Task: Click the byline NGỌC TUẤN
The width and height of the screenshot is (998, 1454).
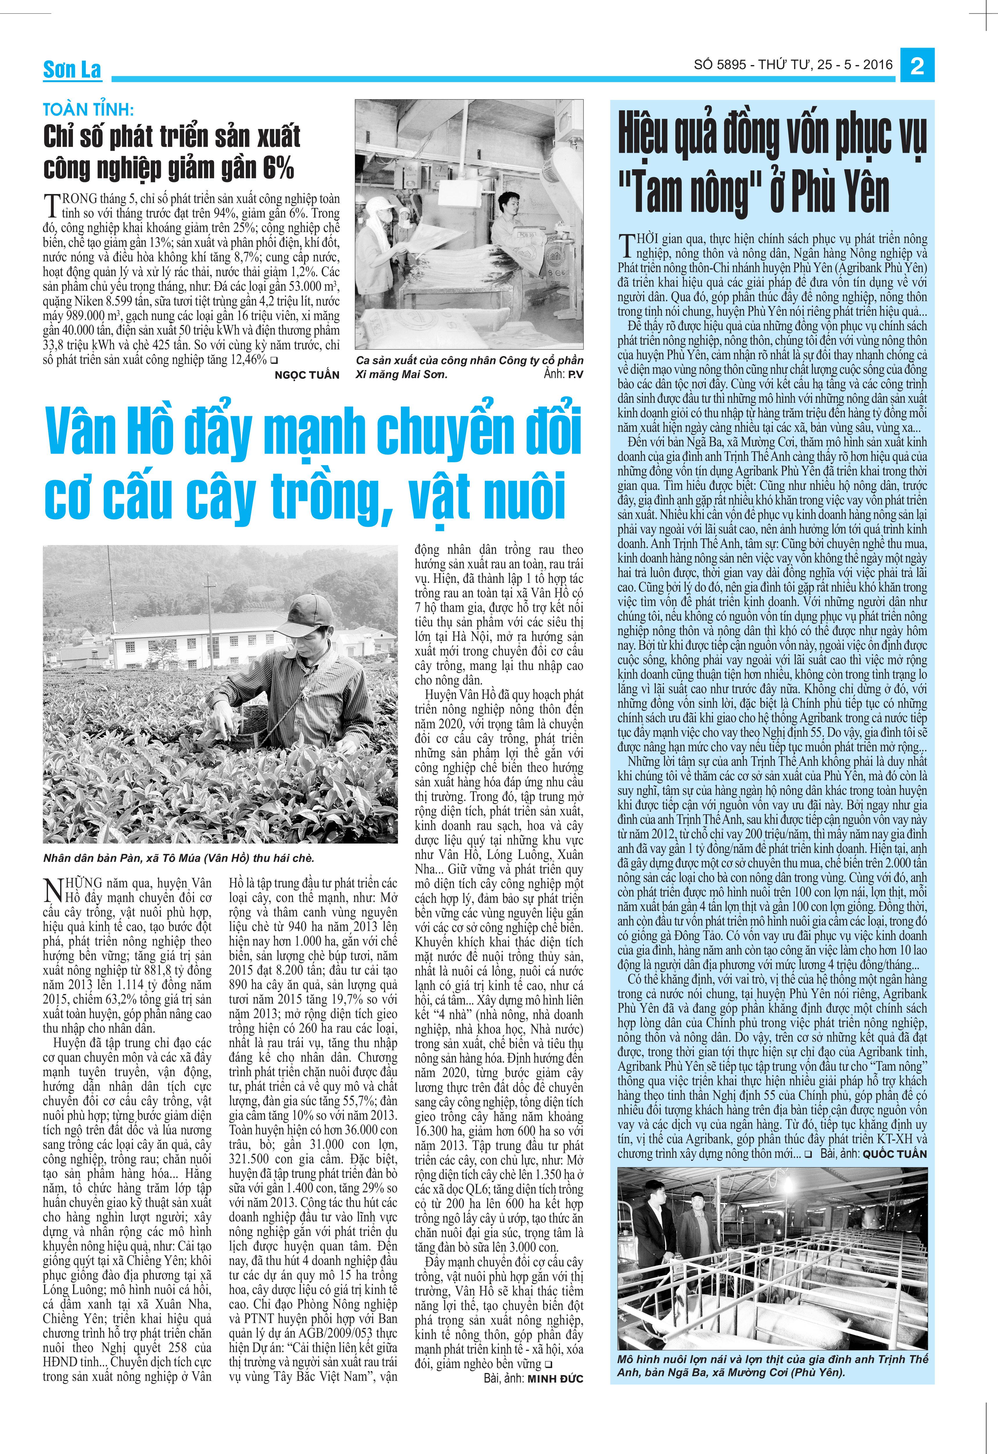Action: [307, 375]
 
